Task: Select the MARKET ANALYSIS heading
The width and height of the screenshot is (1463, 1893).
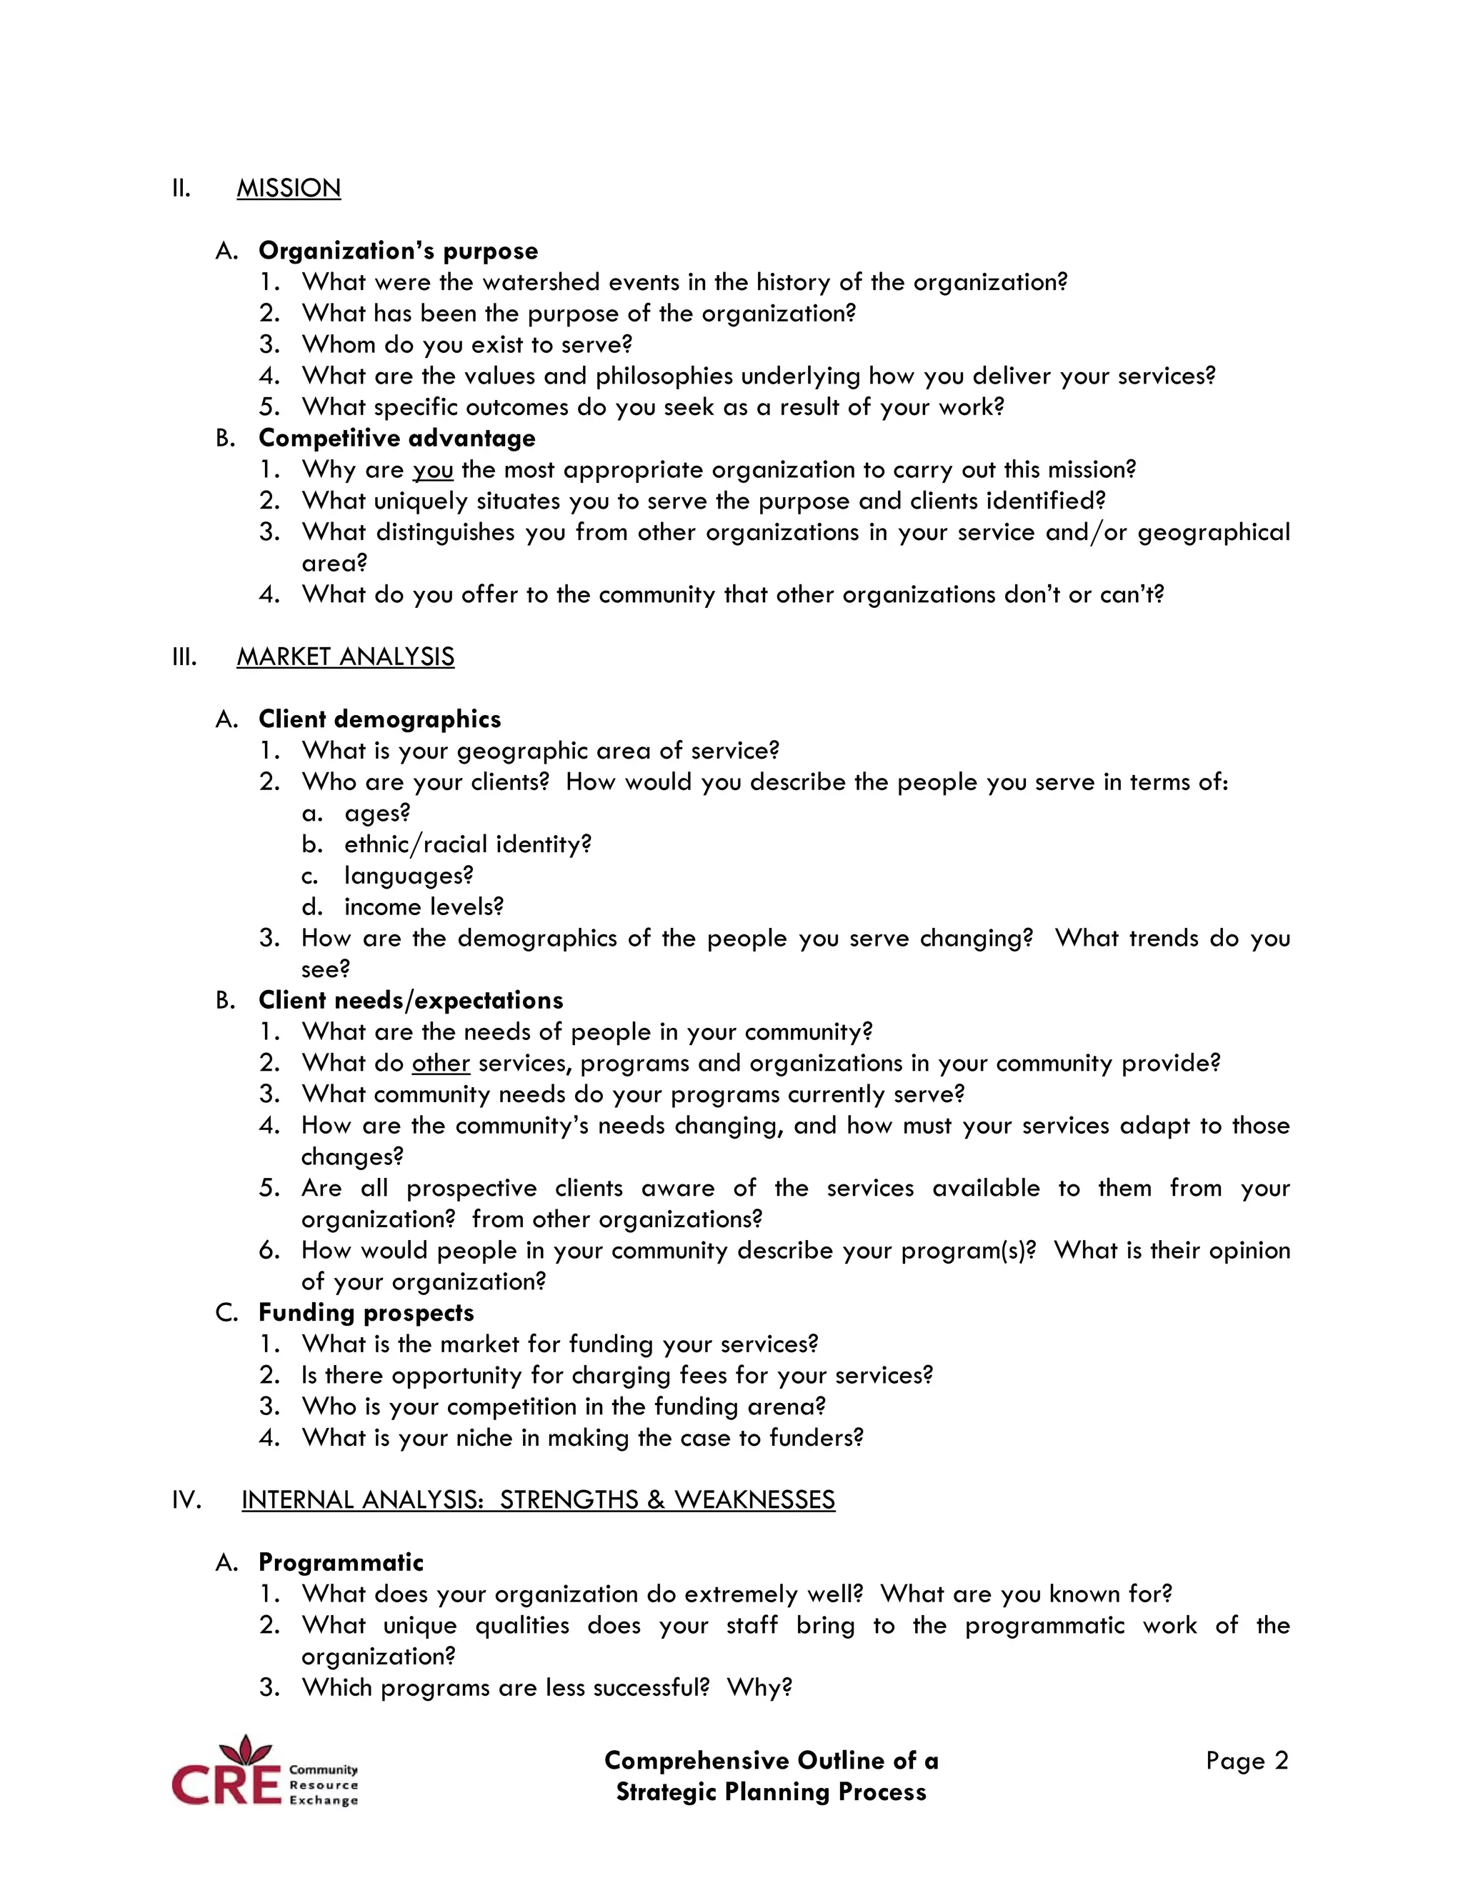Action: (x=345, y=657)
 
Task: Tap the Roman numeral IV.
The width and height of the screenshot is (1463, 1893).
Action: (x=186, y=1500)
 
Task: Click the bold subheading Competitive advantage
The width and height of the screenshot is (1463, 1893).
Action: (x=397, y=439)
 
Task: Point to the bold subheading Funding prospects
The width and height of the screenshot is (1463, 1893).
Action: (x=366, y=1313)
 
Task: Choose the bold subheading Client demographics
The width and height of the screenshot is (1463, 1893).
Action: (x=379, y=719)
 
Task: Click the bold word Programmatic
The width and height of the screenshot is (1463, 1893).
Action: (x=341, y=1563)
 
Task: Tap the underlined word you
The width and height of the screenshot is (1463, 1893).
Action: (x=432, y=471)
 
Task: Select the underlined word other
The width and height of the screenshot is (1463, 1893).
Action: (x=440, y=1064)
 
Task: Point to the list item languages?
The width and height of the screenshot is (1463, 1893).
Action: (x=408, y=876)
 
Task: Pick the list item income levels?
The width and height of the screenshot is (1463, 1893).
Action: (x=423, y=906)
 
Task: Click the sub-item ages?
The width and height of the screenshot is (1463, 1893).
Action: (x=377, y=813)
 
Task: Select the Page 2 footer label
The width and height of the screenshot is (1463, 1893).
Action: (x=1247, y=1762)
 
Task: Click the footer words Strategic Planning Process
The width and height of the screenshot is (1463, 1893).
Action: (x=771, y=1792)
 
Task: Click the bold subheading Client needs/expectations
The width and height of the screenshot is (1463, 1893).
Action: (x=410, y=1001)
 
